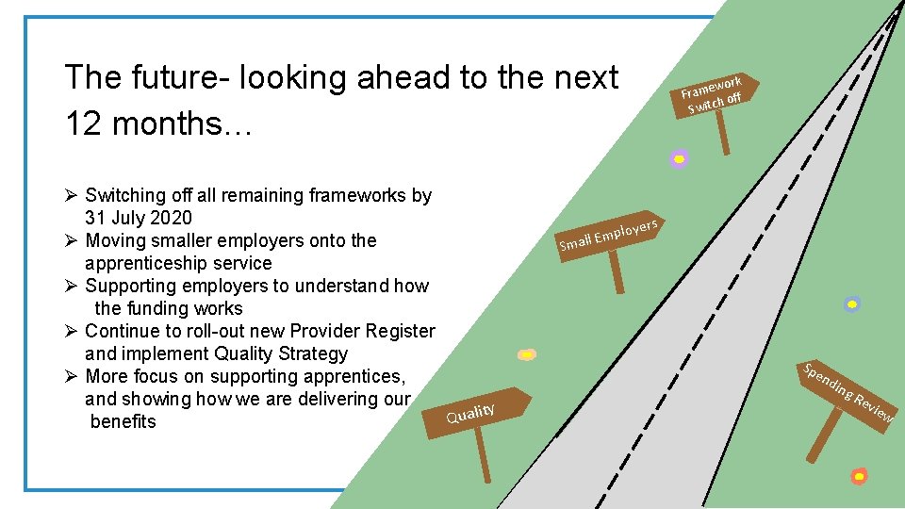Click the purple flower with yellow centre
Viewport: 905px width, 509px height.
[x=679, y=159]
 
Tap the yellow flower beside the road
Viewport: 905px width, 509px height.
[x=528, y=354]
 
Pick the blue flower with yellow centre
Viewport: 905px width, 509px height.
[x=852, y=304]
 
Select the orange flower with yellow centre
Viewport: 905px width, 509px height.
[x=858, y=476]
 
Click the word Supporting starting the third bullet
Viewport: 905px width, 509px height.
[x=130, y=286]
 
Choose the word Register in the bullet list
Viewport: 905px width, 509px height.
[x=401, y=331]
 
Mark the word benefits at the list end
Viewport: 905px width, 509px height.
[x=123, y=421]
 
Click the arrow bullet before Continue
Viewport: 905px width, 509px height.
[x=72, y=331]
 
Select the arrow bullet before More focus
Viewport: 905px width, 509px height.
[x=72, y=376]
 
